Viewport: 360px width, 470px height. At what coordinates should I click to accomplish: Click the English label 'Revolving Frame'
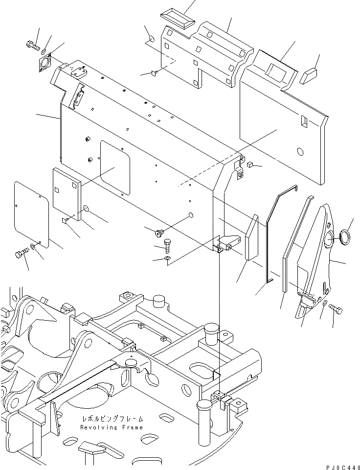pos(112,427)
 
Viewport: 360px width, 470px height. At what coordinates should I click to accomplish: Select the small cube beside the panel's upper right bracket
pos(249,165)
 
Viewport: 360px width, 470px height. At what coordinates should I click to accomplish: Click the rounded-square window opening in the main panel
pos(115,168)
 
